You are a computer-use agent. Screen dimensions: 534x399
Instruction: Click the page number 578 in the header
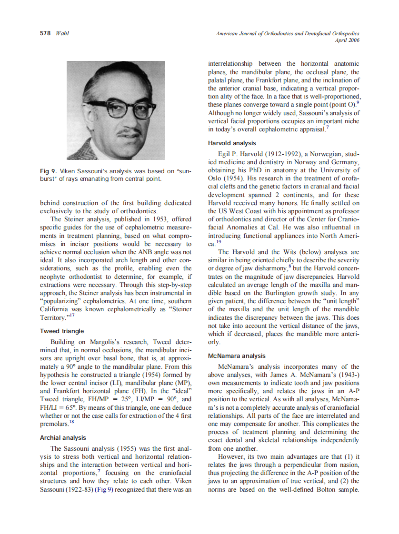click(45, 33)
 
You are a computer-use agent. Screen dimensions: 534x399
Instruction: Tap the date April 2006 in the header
click(348, 40)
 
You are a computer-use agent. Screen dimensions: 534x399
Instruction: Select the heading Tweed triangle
click(61, 331)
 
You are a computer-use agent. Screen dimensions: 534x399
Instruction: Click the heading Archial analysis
click(63, 437)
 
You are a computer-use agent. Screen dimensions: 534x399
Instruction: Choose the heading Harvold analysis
click(232, 143)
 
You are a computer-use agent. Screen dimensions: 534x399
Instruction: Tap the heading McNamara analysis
click(237, 356)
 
